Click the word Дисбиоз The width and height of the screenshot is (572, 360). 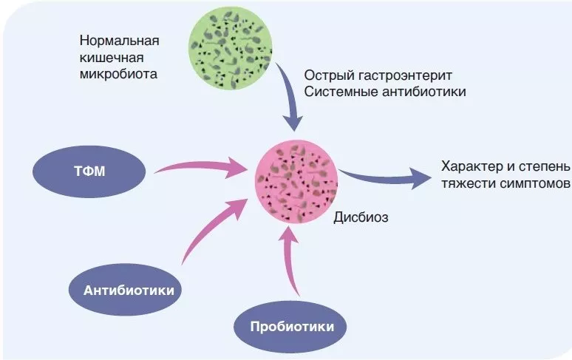tap(361, 217)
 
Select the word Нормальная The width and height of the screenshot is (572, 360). tap(120, 40)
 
